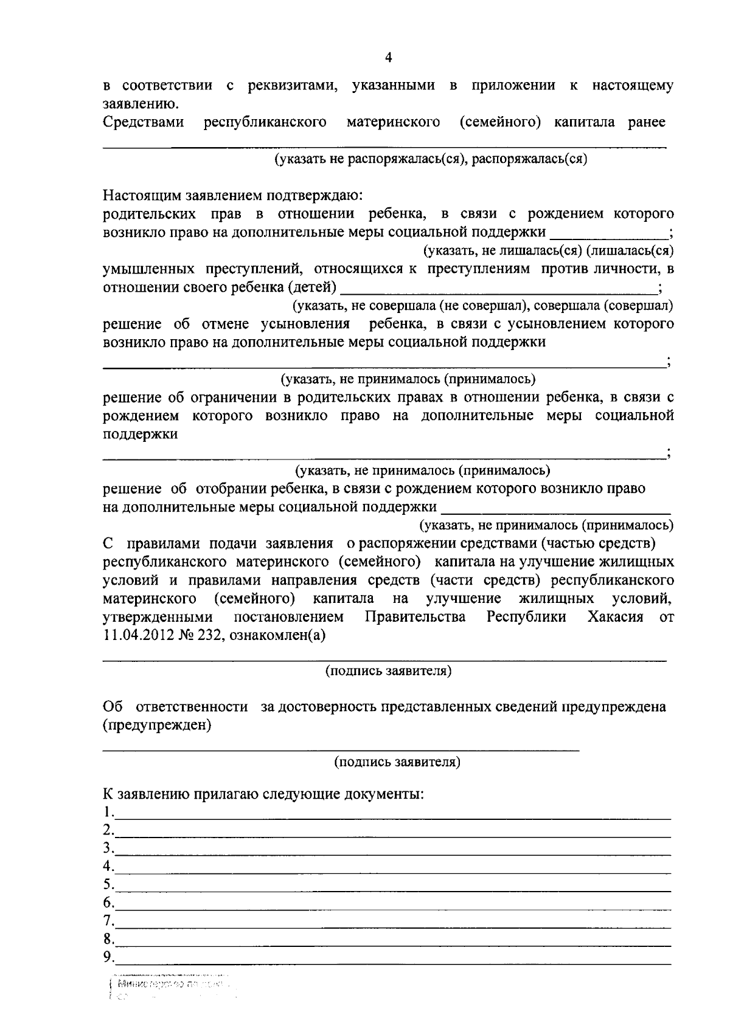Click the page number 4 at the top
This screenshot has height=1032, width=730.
389,58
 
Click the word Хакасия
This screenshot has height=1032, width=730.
615,617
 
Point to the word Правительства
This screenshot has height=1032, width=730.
415,617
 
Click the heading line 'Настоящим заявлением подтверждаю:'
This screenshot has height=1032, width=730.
232,196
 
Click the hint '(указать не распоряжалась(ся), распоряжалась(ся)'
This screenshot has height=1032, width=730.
431,159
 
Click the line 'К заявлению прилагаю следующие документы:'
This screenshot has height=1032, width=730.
263,794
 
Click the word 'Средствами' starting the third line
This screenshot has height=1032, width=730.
144,122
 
